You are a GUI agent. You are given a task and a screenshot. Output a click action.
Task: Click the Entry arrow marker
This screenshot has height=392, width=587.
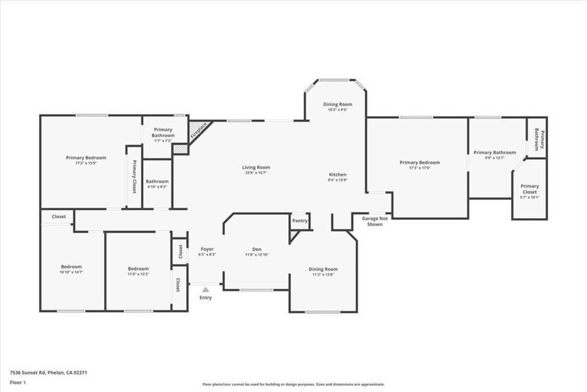point(205,290)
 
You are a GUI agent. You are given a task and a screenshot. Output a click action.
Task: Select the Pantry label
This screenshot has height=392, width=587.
point(300,220)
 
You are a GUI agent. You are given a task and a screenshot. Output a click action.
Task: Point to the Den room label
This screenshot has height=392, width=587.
point(257,249)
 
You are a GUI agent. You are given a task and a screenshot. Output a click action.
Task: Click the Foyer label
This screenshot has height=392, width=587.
point(207,249)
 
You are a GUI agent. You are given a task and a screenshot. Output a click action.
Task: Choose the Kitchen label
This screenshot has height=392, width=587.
point(337,174)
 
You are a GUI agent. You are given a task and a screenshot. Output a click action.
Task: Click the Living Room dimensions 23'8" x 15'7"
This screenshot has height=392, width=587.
point(256,173)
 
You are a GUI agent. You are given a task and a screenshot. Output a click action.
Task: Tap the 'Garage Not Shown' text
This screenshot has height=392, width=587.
point(375,221)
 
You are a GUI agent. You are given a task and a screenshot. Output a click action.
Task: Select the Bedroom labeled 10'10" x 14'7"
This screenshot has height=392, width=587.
point(72,266)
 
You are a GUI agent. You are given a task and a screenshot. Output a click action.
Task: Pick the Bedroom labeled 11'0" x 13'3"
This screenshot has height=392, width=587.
point(138,269)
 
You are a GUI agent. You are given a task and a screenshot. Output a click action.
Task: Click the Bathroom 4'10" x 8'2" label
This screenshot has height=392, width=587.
point(157,181)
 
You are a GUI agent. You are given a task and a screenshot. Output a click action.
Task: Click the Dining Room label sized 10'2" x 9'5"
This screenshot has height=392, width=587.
point(338,104)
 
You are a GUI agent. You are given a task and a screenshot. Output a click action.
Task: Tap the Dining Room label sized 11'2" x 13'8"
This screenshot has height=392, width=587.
point(323,269)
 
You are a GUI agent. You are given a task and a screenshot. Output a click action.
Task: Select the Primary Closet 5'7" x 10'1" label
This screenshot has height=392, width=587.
point(530,186)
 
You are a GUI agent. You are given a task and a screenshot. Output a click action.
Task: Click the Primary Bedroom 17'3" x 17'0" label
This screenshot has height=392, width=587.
point(420,162)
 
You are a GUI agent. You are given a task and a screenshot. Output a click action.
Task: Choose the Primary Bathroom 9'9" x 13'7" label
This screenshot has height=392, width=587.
point(495,153)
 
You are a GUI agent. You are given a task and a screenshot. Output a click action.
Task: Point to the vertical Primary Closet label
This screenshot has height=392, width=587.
point(134,177)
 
